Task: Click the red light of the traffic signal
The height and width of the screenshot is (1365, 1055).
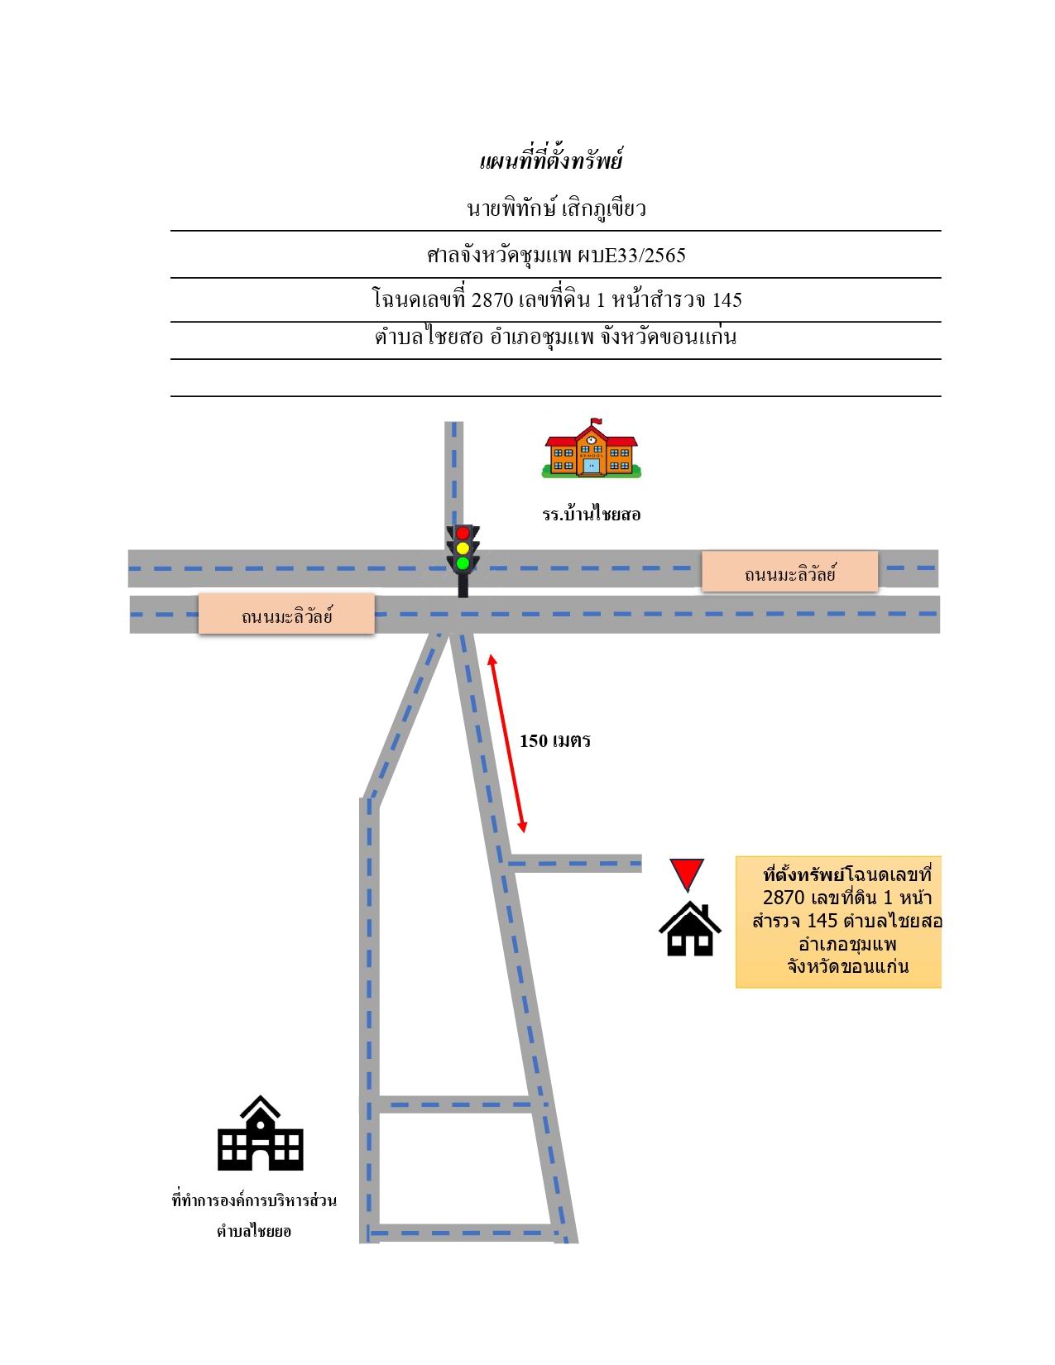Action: [463, 534]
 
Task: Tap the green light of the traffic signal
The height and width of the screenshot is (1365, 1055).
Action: [463, 563]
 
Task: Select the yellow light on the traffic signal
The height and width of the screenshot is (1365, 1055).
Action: [463, 548]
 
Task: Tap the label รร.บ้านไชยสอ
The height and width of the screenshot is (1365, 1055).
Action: [592, 515]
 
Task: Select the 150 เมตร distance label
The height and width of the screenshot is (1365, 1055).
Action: [555, 740]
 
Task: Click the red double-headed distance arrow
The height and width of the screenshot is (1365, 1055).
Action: [507, 743]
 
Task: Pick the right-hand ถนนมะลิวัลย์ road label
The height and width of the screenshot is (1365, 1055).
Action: [789, 572]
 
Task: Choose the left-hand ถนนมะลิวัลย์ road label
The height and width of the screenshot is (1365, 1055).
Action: [286, 615]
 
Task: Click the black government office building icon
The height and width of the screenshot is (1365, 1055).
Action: [260, 1133]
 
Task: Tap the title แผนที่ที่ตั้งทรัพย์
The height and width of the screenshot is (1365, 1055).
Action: [550, 160]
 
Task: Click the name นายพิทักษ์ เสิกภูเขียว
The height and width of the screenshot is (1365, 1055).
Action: [556, 208]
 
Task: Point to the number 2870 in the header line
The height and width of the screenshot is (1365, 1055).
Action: [492, 299]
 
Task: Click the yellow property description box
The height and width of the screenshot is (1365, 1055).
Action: [838, 922]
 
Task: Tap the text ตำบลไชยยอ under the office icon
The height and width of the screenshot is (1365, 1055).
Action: [254, 1231]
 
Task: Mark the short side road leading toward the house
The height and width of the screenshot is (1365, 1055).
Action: [574, 863]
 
